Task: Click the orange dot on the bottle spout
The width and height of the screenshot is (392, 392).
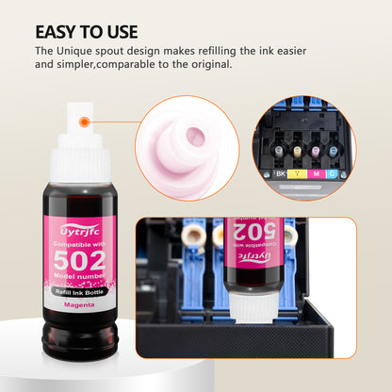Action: point(85,121)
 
